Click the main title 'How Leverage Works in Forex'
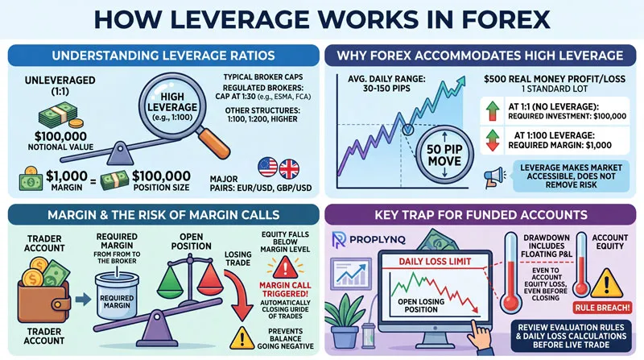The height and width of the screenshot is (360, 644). point(322,19)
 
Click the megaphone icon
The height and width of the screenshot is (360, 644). point(488,175)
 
